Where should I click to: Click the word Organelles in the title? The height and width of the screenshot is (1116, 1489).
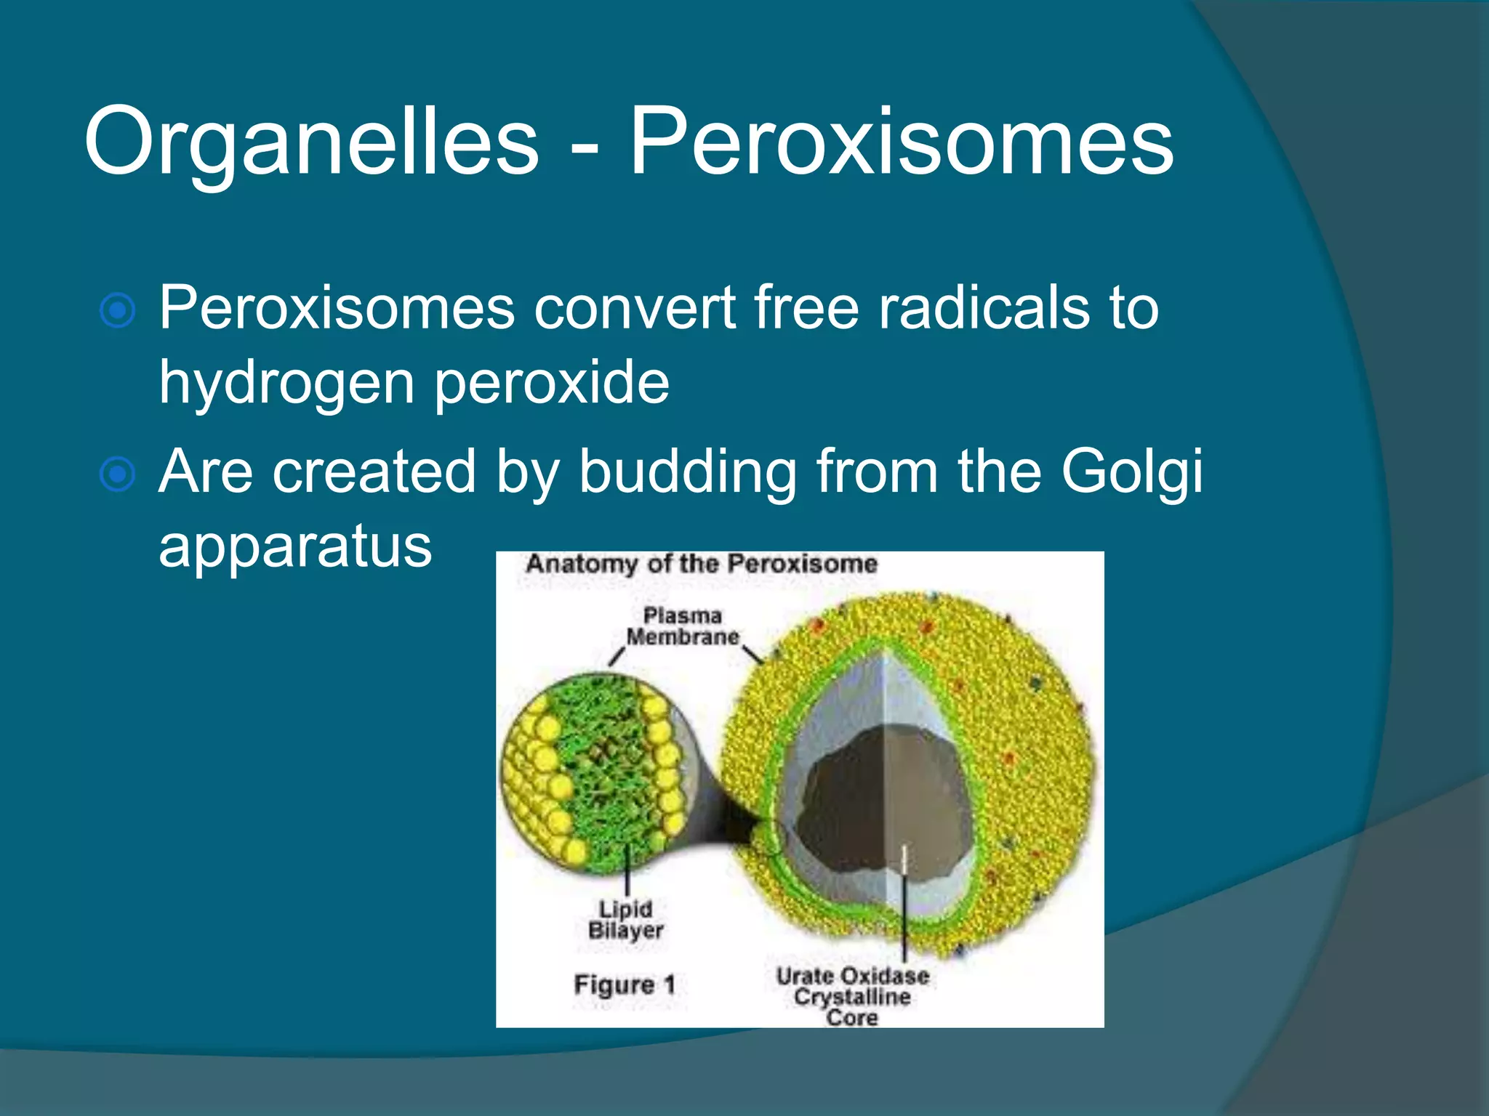pyautogui.click(x=311, y=142)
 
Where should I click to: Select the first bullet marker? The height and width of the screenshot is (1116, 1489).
pyautogui.click(x=117, y=311)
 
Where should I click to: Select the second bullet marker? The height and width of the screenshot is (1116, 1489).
pyautogui.click(x=117, y=474)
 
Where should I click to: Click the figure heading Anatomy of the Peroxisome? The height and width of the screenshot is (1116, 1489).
pyautogui.click(x=702, y=564)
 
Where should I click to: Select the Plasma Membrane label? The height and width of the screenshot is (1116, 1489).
pyautogui.click(x=683, y=626)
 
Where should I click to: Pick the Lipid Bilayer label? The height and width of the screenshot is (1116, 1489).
pyautogui.click(x=625, y=919)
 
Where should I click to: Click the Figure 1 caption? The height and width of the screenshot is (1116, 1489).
pyautogui.click(x=625, y=985)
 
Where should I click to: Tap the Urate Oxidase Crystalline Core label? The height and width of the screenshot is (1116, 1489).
pyautogui.click(x=852, y=995)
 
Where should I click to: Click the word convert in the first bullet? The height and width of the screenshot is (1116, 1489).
pyautogui.click(x=635, y=308)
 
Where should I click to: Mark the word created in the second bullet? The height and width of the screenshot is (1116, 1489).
pyautogui.click(x=374, y=472)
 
